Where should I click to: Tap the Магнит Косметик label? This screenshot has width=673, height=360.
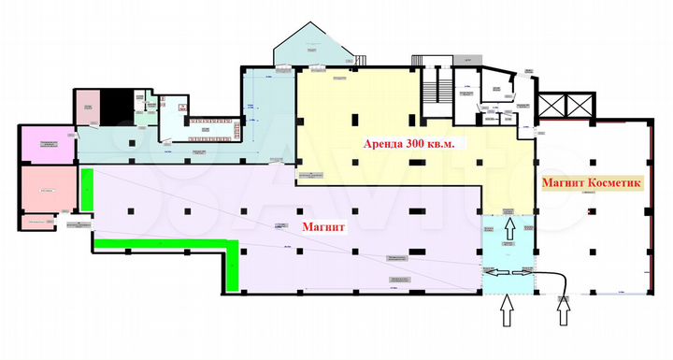pyautogui.click(x=591, y=183)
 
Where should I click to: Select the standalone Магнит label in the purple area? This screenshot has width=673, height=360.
pyautogui.click(x=322, y=227)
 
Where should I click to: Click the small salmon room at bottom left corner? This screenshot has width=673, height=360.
pyautogui.click(x=39, y=222)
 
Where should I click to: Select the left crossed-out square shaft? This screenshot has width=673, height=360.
pyautogui.click(x=553, y=104)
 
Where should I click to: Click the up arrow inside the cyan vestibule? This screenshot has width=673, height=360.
pyautogui.click(x=509, y=226)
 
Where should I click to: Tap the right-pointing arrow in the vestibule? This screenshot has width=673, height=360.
pyautogui.click(x=523, y=269)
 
